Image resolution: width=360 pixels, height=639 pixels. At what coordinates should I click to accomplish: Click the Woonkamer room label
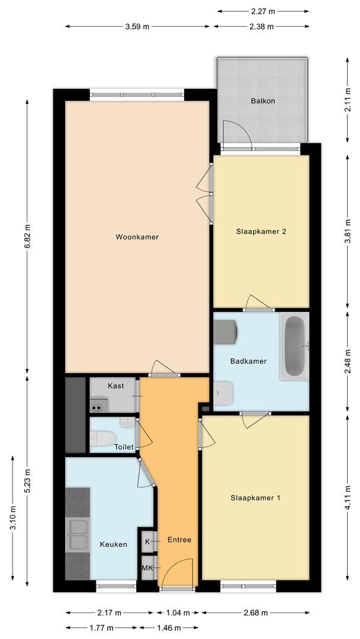tap(137, 237)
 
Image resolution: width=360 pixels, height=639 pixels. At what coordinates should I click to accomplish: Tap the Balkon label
tap(262, 101)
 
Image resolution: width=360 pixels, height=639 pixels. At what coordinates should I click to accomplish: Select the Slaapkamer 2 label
tap(261, 231)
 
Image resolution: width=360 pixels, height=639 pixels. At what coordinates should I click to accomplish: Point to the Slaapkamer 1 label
tap(256, 498)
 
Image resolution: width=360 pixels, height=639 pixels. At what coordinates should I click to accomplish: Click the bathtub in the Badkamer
tap(294, 346)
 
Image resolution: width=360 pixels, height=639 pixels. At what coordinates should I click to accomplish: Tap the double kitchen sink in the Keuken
tap(78, 534)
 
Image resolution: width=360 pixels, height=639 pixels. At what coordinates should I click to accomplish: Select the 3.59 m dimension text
tap(137, 27)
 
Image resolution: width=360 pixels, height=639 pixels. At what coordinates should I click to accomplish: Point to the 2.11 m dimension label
tap(348, 100)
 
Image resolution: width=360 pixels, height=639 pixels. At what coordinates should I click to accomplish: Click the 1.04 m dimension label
tap(178, 612)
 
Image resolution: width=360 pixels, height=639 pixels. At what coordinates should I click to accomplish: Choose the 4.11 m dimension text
tap(348, 498)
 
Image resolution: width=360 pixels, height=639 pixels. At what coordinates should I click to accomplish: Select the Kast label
tap(116, 386)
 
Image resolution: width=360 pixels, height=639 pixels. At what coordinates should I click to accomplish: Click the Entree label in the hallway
tap(179, 540)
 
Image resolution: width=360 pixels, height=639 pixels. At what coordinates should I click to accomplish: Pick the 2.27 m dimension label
tap(263, 11)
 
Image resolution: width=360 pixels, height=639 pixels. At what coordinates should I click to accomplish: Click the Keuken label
tap(114, 544)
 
